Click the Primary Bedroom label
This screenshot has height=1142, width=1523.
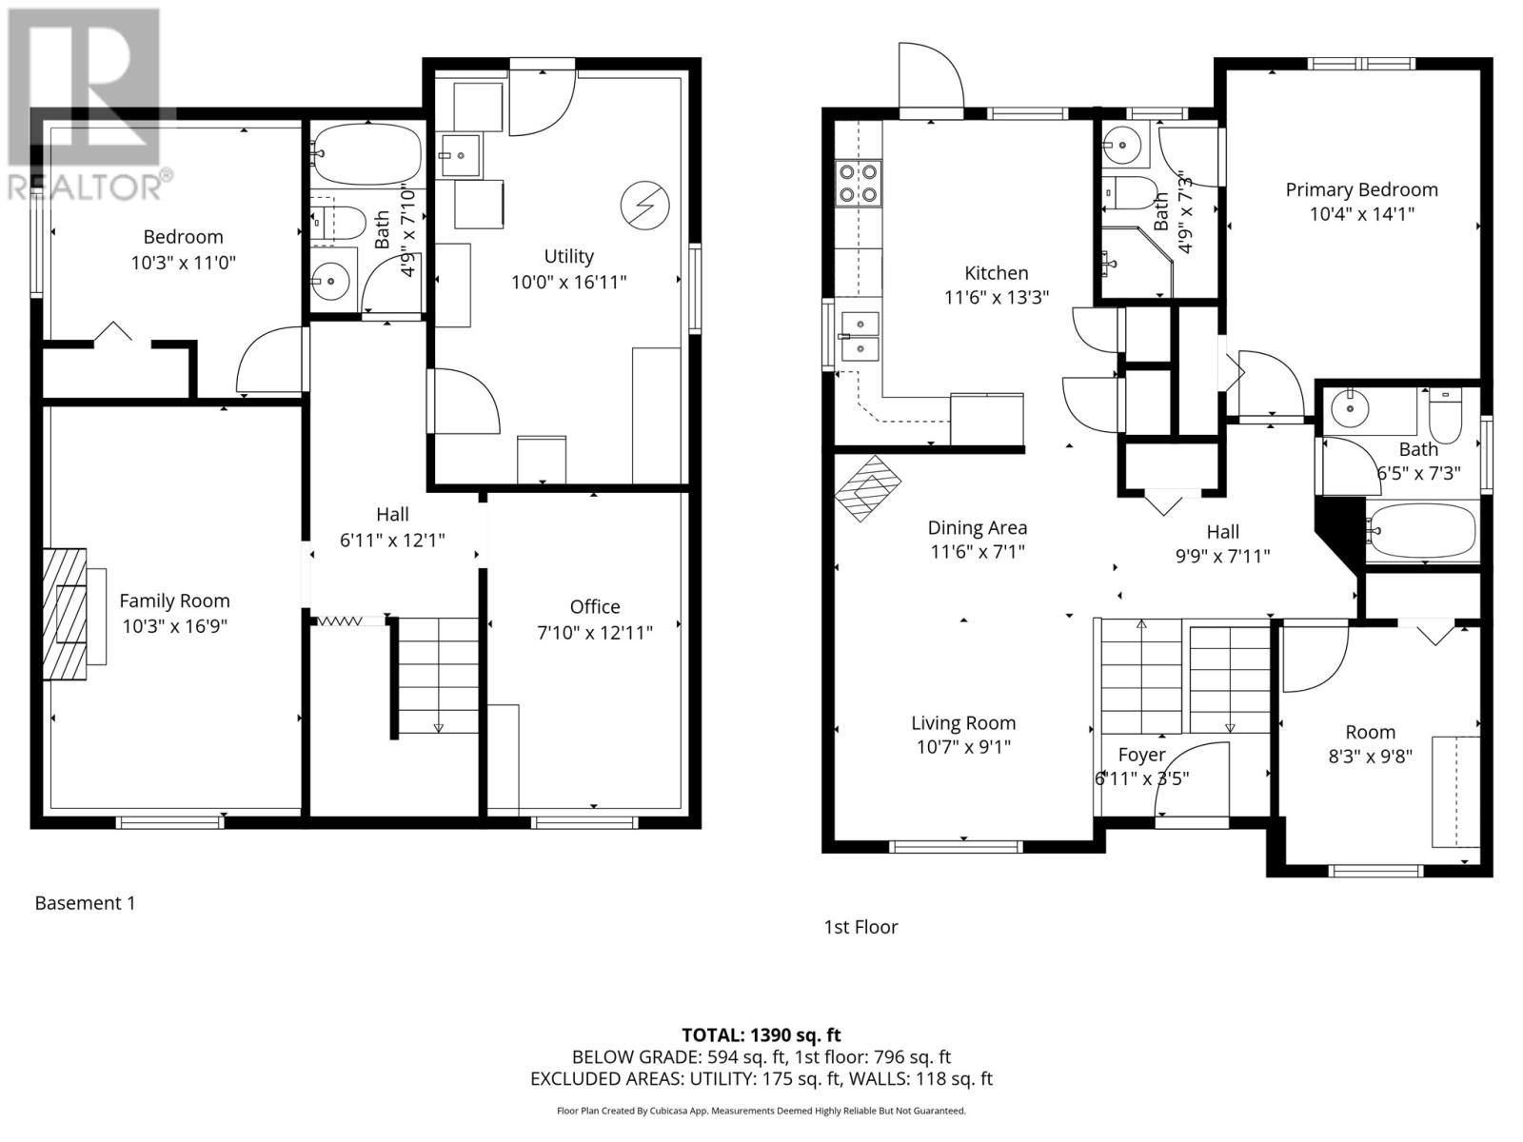point(1361,190)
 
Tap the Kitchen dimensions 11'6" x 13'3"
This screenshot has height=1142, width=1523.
point(997,298)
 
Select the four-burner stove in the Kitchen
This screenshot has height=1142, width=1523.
point(860,184)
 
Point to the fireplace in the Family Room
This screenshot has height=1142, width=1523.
point(66,614)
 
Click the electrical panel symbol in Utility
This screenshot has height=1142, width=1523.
point(644,206)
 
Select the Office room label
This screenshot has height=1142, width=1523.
point(595,607)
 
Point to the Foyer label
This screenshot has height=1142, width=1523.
point(1141,755)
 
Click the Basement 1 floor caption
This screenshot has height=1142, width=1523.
point(86,903)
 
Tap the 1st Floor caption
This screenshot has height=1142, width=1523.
point(860,927)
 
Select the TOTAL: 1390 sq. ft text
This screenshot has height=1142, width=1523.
point(761,1035)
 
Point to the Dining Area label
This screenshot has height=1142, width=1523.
point(977,527)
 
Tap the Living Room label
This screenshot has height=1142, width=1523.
point(963,723)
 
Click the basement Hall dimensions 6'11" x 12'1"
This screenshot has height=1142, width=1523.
point(392,541)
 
